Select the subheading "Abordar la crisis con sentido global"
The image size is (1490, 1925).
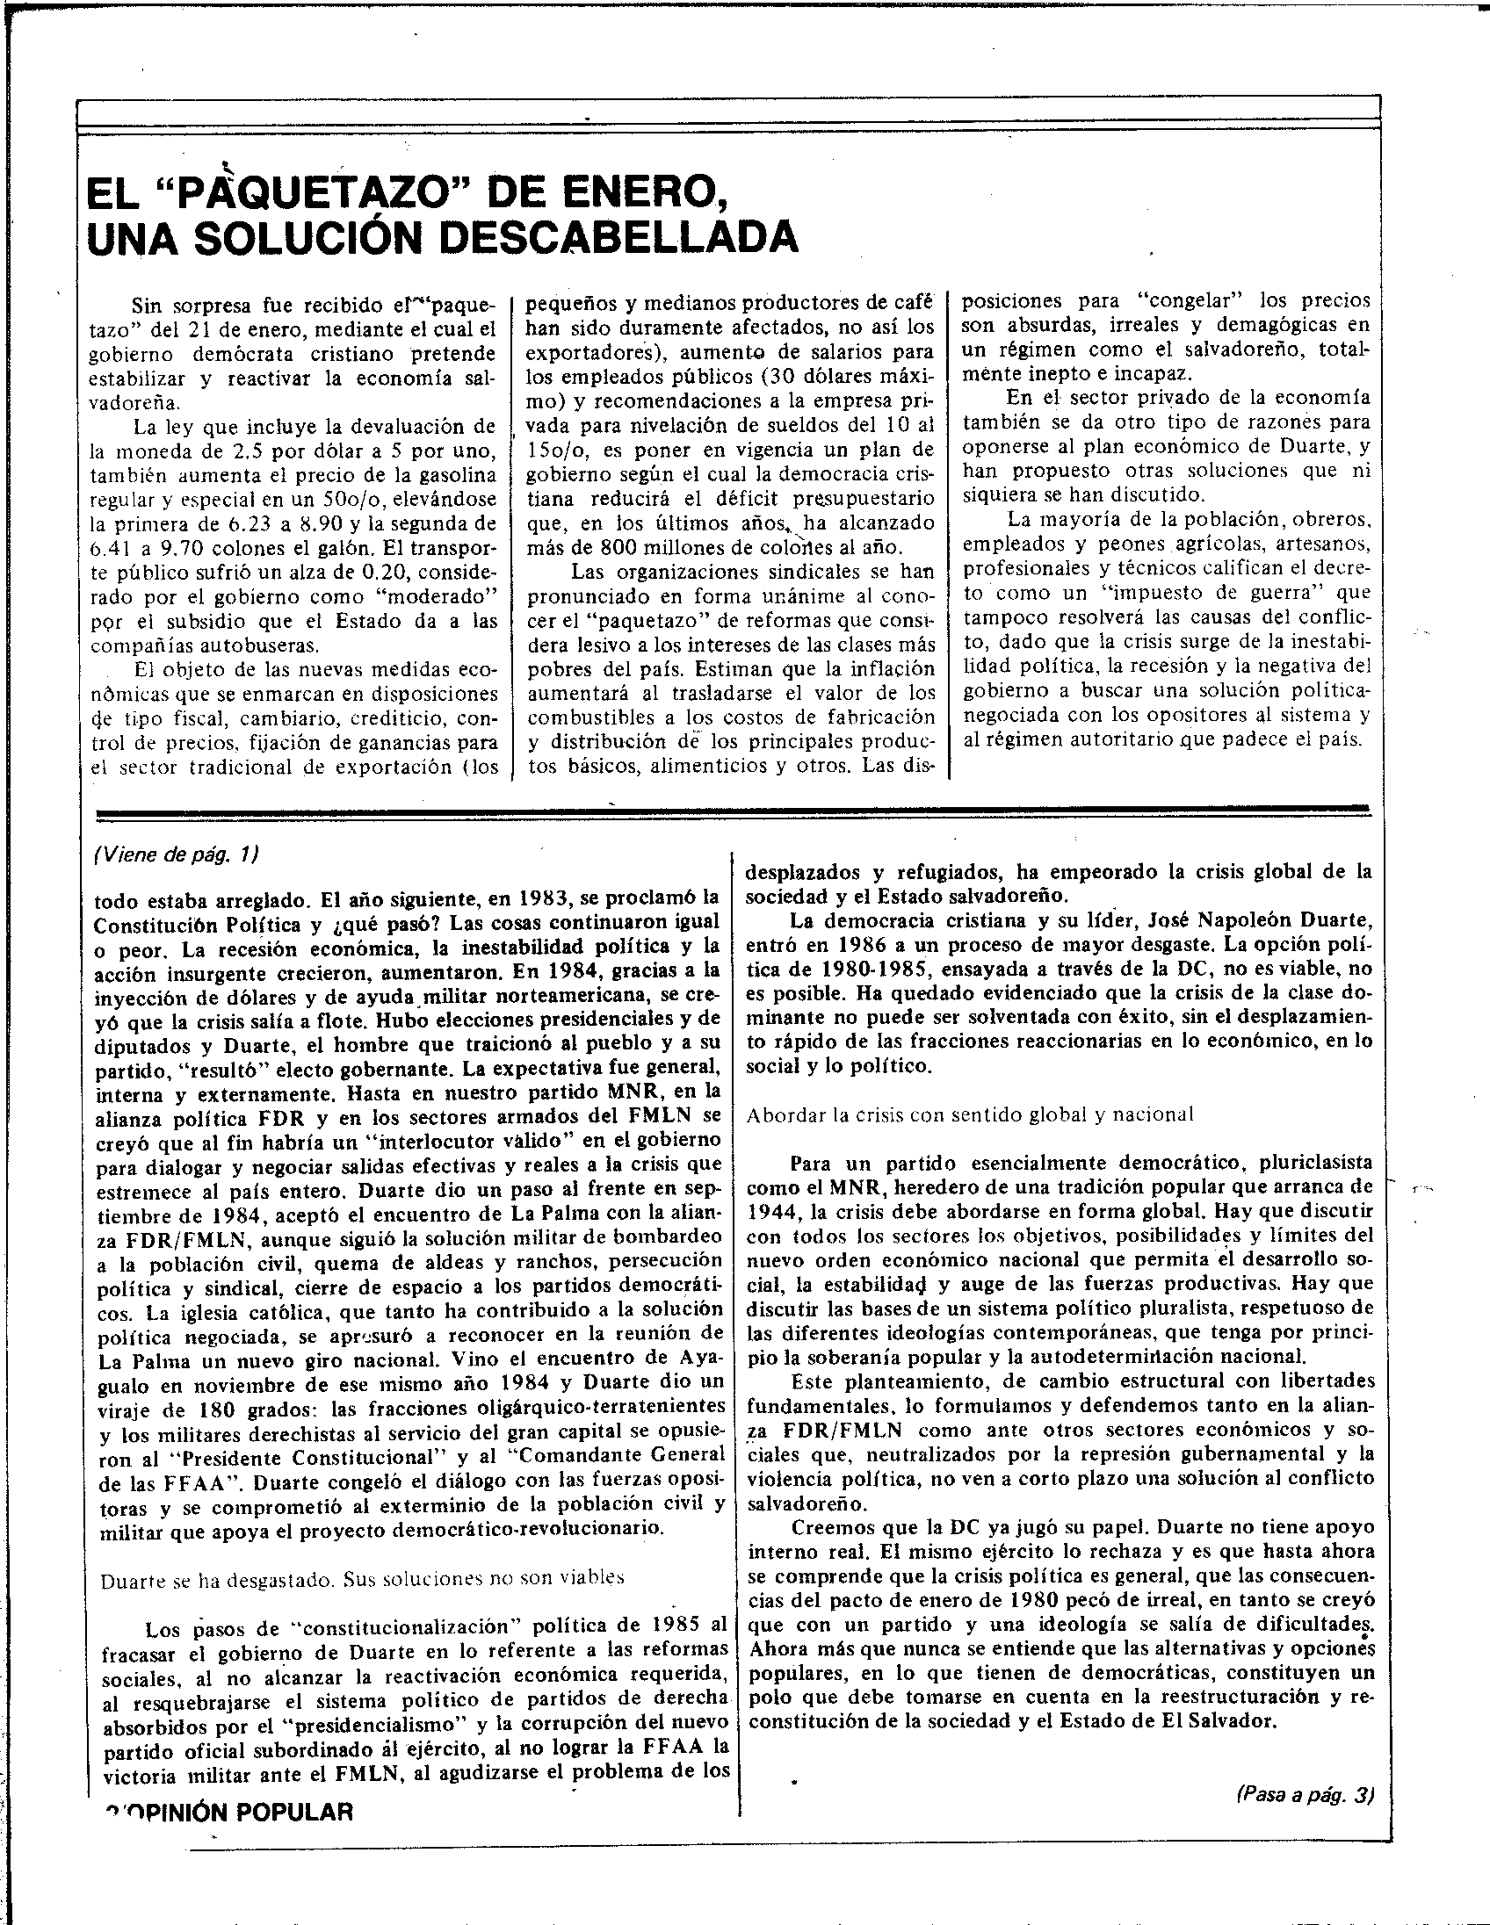tap(970, 1114)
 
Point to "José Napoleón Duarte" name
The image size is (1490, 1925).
tap(1246, 921)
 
